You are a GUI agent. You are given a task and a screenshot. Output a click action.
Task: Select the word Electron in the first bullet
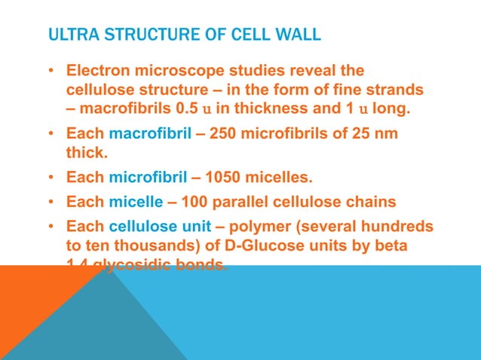pos(97,72)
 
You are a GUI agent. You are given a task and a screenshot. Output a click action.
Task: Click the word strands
pos(394,90)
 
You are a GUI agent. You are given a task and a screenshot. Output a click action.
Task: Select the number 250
pos(222,135)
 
